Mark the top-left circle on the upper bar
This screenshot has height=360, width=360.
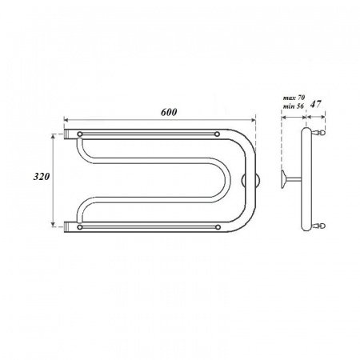(x=81, y=133)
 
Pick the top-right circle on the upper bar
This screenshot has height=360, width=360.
(x=218, y=133)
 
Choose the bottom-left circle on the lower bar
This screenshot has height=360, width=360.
(x=81, y=227)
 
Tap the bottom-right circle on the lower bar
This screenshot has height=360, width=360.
(x=218, y=227)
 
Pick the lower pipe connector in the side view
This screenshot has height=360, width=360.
(x=321, y=226)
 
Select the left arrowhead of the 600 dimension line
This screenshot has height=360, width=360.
(x=66, y=121)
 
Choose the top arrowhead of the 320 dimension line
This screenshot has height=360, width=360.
(x=55, y=136)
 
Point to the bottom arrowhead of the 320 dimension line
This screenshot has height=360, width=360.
(x=55, y=224)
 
